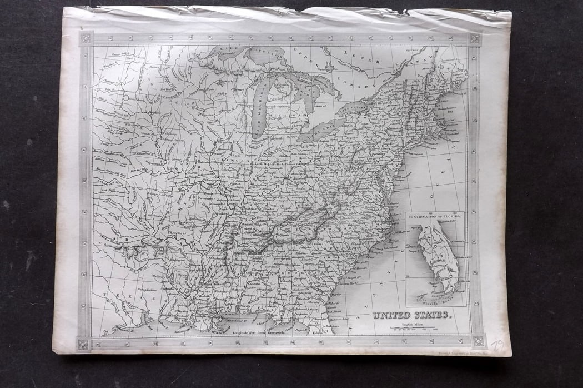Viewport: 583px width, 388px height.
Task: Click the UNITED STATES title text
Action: [x=412, y=315]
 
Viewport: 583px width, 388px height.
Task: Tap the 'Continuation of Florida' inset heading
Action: [x=435, y=215]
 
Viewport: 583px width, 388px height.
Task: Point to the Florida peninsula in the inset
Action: [x=439, y=256]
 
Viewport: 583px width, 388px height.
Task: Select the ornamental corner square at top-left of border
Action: [x=85, y=38]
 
